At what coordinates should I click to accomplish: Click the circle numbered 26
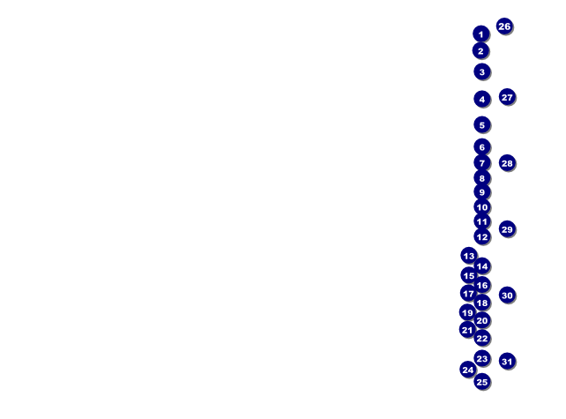[504, 26]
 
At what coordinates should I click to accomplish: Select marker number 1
[480, 34]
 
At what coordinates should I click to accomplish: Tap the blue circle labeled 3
[482, 71]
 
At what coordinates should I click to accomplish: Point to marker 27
[507, 97]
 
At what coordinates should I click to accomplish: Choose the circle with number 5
[482, 124]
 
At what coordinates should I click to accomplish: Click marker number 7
[482, 162]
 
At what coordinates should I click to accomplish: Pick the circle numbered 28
[507, 163]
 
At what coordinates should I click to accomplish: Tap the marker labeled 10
[482, 207]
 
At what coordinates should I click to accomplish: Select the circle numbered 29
[507, 229]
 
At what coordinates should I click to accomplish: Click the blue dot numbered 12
[482, 236]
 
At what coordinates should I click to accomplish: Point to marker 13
[468, 256]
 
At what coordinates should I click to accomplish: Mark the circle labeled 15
[468, 275]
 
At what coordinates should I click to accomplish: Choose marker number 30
[507, 296]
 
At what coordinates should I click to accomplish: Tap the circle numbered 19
[467, 312]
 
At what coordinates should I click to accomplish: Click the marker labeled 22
[482, 338]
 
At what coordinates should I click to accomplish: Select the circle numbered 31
[507, 361]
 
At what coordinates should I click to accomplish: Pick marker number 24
[468, 370]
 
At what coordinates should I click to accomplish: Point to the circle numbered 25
[482, 382]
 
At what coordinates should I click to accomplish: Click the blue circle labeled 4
[482, 99]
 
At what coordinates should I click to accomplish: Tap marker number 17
[468, 293]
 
